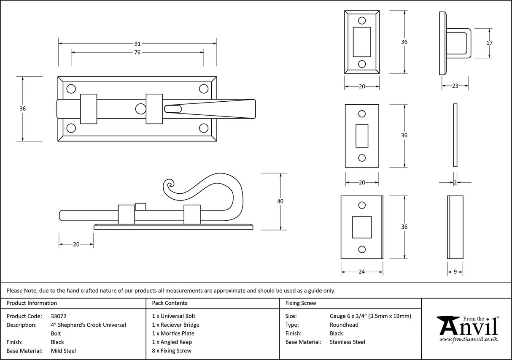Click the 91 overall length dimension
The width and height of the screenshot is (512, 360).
pos(137,43)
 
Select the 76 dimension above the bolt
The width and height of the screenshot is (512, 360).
pos(137,52)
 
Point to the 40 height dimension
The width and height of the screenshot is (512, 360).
pos(280,201)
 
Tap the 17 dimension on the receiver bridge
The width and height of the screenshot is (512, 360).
pos(490,43)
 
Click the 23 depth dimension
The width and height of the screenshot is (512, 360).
pos(455,86)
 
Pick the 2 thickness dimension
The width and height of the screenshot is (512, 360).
pos(455,182)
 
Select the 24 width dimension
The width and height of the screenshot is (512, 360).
pos(361,272)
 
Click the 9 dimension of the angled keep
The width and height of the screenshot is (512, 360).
pos(455,272)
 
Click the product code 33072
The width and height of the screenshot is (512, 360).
pos(59,316)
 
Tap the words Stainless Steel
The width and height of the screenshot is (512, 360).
pos(347,342)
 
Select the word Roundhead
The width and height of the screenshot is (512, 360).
pos(344,325)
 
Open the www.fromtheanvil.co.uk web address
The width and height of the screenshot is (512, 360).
pos(468,339)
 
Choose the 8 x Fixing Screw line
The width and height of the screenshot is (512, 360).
pos(172,351)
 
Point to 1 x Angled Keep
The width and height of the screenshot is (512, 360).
pos(172,342)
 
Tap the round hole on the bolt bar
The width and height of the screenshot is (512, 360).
pos(140,109)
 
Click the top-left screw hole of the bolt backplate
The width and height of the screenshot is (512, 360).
pos(71,89)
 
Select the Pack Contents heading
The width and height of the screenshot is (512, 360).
pos(170,303)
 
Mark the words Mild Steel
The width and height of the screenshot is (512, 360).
pos(63,351)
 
